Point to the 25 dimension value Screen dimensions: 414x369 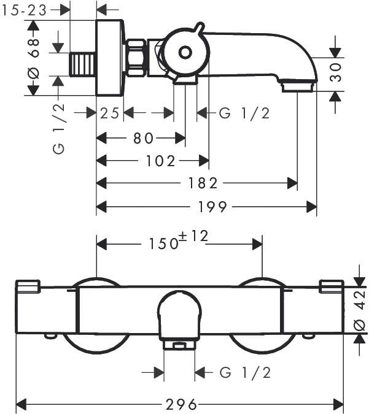(111, 113)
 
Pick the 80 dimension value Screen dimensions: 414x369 (141, 137)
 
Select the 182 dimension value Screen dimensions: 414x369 (203, 183)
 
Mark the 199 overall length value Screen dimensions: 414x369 (212, 207)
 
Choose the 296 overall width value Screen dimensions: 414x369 (181, 404)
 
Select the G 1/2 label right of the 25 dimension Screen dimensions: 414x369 (244, 113)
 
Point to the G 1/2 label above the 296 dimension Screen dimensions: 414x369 (244, 372)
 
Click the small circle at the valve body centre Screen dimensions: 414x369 (184, 53)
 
